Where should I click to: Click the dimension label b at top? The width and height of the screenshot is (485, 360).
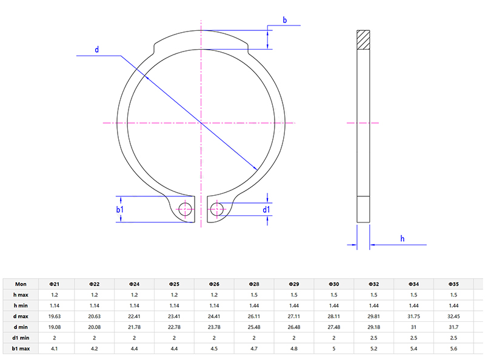[x=284, y=19]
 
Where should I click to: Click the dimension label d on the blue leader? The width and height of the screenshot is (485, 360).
[x=96, y=49]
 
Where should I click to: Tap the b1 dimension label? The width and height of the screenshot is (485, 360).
[x=120, y=210]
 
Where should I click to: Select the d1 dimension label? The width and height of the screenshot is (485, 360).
[x=266, y=210]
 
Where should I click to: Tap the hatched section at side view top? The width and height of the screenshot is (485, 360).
[x=363, y=39]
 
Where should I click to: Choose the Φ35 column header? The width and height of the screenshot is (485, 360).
[x=453, y=283]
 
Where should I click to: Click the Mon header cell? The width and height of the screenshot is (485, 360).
[x=21, y=283]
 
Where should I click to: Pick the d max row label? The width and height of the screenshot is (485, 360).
[x=21, y=316]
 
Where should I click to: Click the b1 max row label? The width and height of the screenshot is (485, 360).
[x=21, y=348]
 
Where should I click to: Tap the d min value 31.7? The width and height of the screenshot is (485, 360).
[x=453, y=327]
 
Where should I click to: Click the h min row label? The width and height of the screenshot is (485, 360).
[x=21, y=305]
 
